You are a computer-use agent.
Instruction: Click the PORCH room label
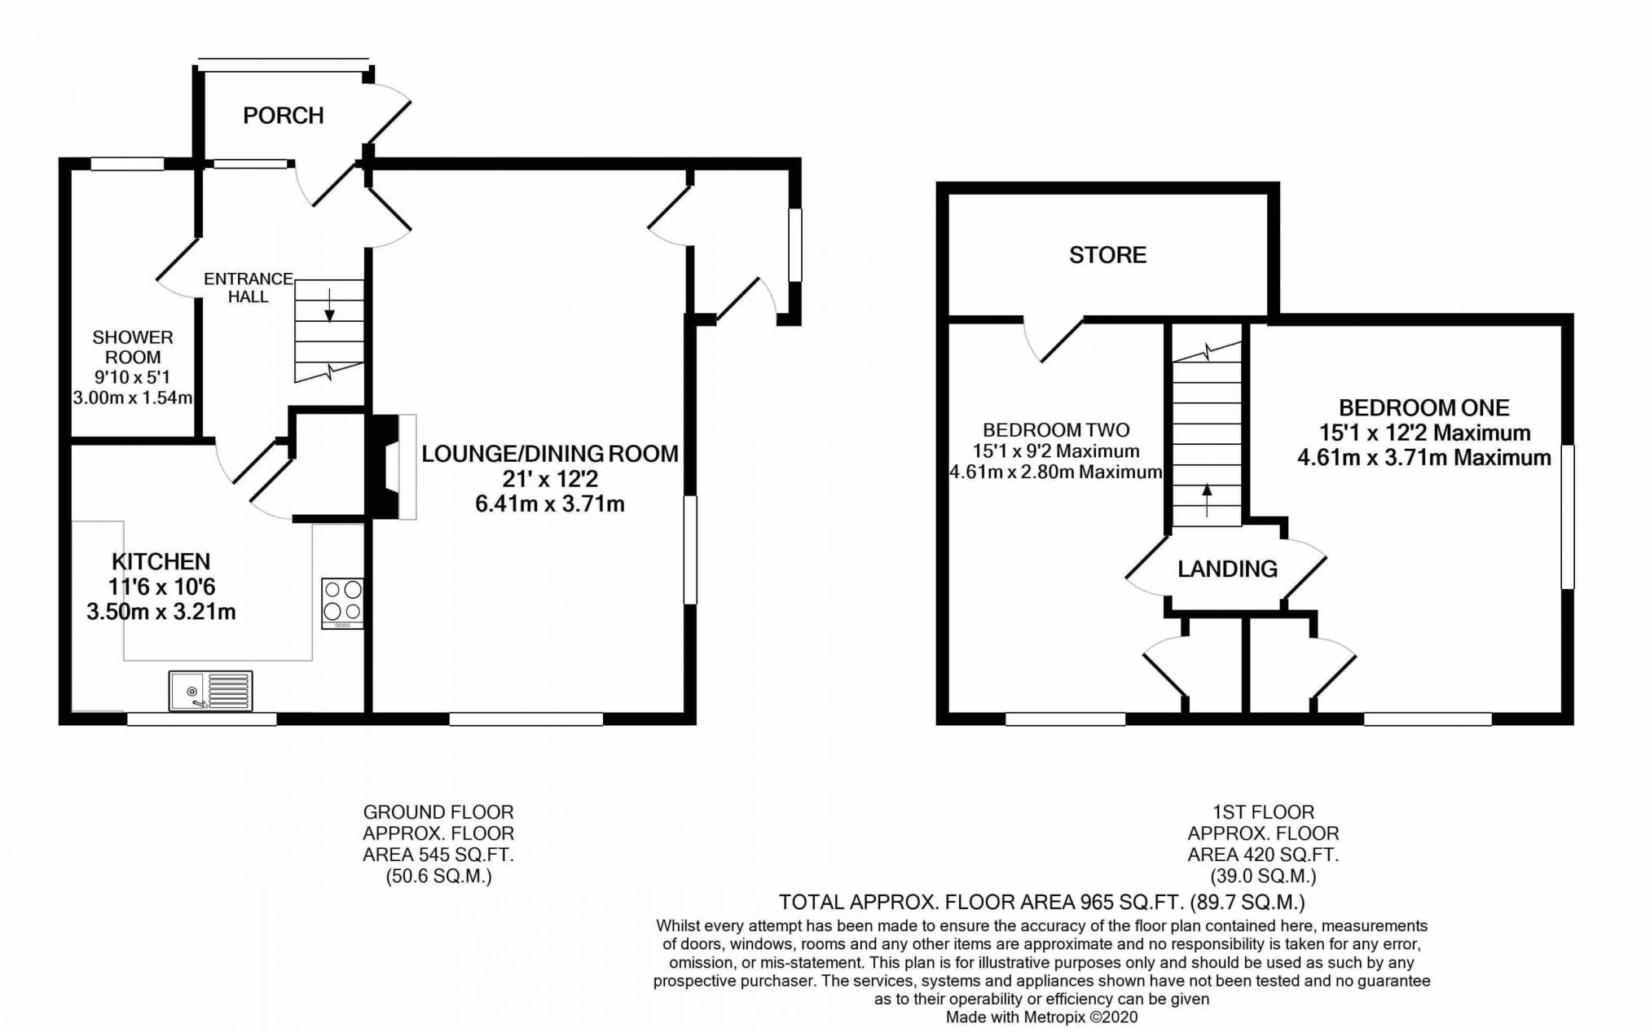pyautogui.click(x=284, y=116)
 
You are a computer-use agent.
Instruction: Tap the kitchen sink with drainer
pyautogui.click(x=211, y=691)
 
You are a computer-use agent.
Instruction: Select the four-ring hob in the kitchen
pyautogui.click(x=343, y=603)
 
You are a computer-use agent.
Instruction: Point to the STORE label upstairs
pyautogui.click(x=1107, y=255)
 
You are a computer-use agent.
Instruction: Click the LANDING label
pyautogui.click(x=1227, y=569)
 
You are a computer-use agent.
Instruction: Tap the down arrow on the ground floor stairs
pyautogui.click(x=330, y=304)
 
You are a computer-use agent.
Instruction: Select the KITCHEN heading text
pyautogui.click(x=161, y=561)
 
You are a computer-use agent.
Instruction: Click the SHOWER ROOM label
pyautogui.click(x=133, y=347)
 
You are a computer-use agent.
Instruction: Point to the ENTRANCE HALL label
pyautogui.click(x=249, y=288)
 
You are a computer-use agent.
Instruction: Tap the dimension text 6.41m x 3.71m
pyautogui.click(x=550, y=504)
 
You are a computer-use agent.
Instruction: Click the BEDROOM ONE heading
pyautogui.click(x=1424, y=407)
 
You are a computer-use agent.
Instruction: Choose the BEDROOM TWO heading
pyautogui.click(x=1056, y=430)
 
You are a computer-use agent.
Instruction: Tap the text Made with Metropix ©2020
pyautogui.click(x=1041, y=1018)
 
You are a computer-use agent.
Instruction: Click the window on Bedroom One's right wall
pyautogui.click(x=1568, y=516)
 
